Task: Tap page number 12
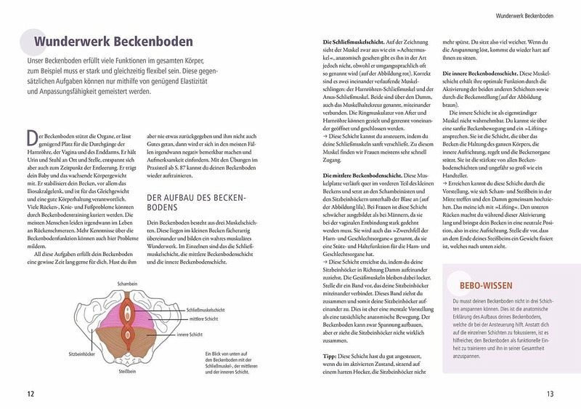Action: (30, 394)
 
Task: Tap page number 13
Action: (551, 394)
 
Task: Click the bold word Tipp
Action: (330, 356)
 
